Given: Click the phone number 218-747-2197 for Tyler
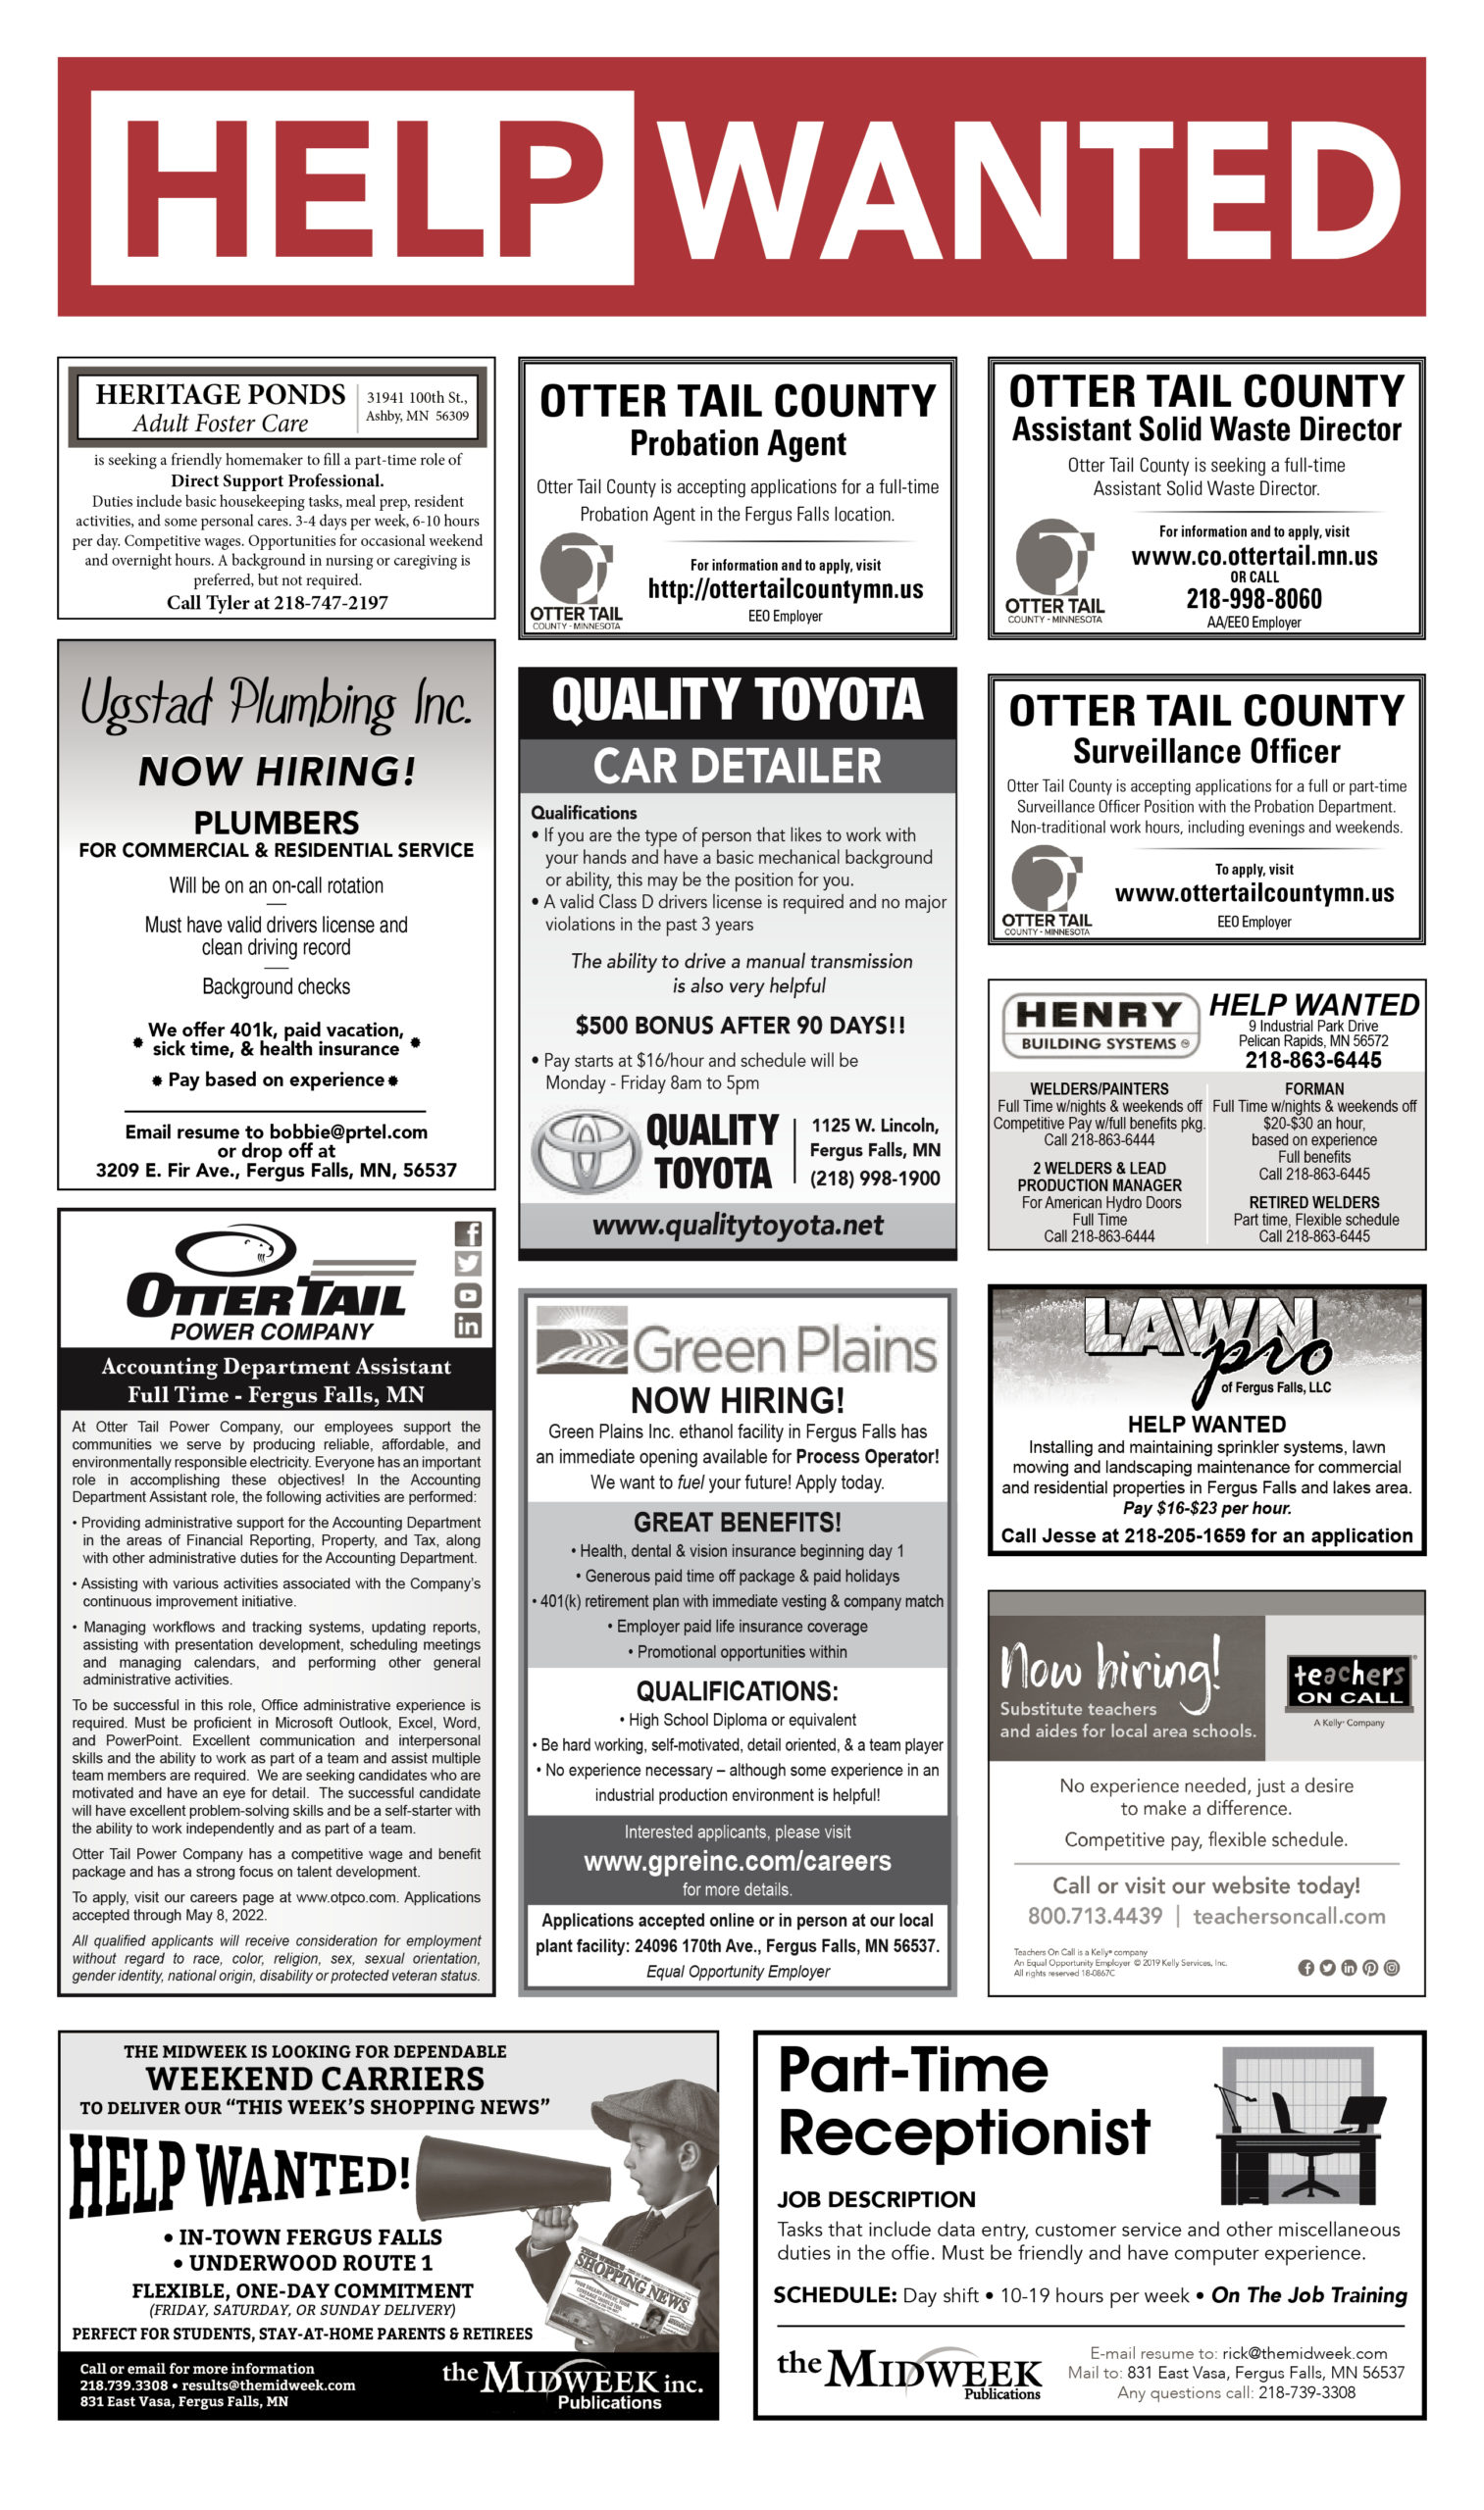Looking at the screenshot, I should [x=331, y=603].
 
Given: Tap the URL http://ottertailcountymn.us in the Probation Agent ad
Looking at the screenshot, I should [x=785, y=590].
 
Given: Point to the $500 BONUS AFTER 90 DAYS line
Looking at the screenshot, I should [x=740, y=1026].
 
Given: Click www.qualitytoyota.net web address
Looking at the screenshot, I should [x=737, y=1226].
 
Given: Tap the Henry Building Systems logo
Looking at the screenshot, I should [x=1099, y=1025].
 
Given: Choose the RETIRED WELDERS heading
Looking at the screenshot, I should [x=1313, y=1202].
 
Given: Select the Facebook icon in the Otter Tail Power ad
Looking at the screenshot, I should [x=468, y=1234].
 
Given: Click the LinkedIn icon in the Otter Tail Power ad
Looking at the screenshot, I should [x=468, y=1326].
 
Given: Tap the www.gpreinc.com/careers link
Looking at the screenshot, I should [x=737, y=1861].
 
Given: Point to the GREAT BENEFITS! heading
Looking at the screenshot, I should [x=737, y=1523].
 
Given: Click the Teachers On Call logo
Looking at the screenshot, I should [x=1348, y=1683].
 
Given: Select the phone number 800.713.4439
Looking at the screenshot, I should [x=1095, y=1916].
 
